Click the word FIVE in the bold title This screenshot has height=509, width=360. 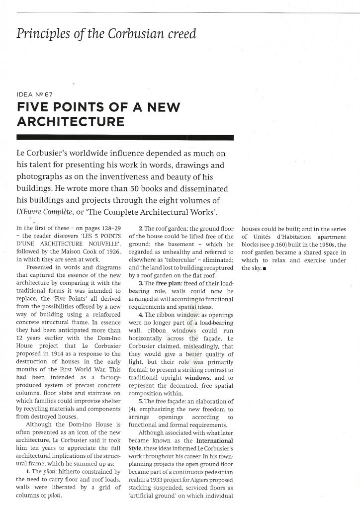34,107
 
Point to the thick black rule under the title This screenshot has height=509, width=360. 125,137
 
